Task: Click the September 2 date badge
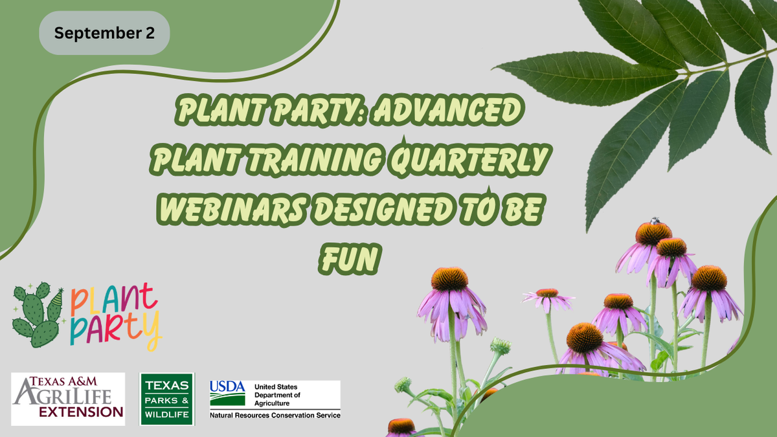pos(104,33)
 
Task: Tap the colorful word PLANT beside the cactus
pos(114,300)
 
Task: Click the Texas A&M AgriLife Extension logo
pos(68,399)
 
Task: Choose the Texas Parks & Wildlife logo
pos(167,399)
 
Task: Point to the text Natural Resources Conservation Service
pos(275,414)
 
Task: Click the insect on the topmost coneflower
pos(655,221)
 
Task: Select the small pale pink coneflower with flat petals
pos(548,297)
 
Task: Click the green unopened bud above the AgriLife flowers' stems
pos(500,346)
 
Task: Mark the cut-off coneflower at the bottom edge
pos(401,427)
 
